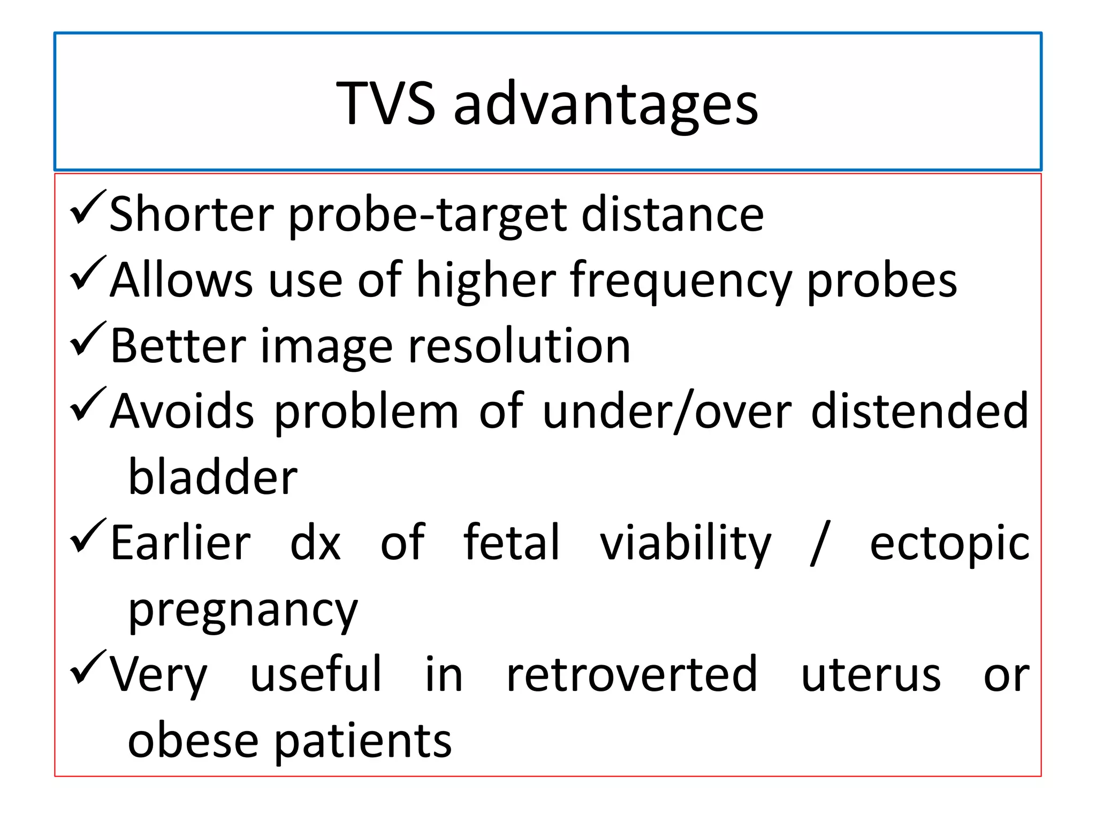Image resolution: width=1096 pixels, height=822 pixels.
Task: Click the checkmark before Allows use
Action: (88, 275)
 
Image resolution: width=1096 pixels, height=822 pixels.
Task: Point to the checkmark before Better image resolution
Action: (88, 340)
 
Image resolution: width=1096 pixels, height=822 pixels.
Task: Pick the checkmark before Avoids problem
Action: (88, 406)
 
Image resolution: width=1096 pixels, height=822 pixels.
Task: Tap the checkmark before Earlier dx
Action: (88, 537)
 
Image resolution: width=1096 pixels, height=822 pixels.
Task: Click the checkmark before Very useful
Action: (88, 668)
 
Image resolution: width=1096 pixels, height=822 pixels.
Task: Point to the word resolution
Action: (519, 346)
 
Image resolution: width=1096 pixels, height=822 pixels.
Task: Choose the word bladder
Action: (212, 477)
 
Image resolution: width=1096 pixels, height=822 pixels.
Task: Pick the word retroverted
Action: (631, 674)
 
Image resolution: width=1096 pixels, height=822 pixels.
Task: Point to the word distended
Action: (919, 411)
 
